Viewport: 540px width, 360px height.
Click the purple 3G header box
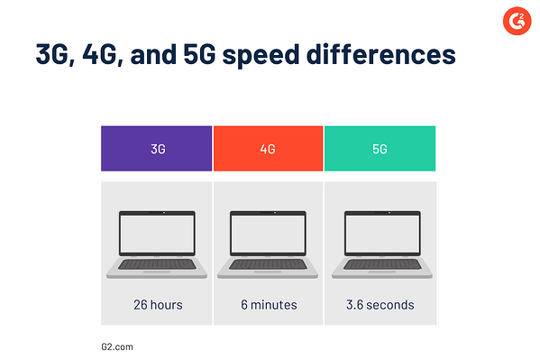(157, 148)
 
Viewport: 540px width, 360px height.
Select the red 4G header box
(268, 148)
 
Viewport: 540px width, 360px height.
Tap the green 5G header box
(380, 148)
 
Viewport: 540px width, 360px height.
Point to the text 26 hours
(157, 305)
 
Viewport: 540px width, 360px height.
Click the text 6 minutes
(268, 305)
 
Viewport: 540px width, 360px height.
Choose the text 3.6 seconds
(380, 305)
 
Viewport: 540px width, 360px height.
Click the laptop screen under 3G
(157, 233)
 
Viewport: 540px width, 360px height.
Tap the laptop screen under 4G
(268, 233)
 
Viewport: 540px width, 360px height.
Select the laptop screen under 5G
(380, 233)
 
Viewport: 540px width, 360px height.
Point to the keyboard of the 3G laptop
(157, 264)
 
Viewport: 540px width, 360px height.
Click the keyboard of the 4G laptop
(268, 264)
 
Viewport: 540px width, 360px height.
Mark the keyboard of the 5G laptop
(380, 264)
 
